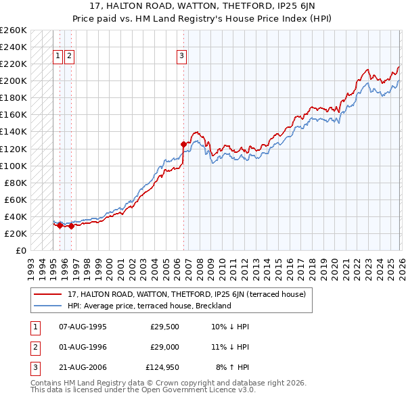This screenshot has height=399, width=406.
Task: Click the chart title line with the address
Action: click(203, 6)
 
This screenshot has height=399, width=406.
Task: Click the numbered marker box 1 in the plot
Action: click(59, 57)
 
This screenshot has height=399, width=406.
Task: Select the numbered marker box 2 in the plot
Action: click(70, 57)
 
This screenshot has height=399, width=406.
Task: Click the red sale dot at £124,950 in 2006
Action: click(183, 144)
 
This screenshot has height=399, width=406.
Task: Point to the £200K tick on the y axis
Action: click(14, 80)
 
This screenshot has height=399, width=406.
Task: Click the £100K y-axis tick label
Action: click(14, 166)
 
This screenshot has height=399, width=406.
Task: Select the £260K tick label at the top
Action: click(14, 30)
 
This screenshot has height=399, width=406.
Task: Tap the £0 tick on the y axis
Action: click(21, 250)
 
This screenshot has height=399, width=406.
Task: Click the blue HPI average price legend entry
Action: click(150, 306)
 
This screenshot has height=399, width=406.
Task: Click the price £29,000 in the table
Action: click(164, 347)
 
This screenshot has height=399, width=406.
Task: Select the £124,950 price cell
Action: click(162, 368)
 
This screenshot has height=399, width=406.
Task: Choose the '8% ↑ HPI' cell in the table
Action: click(233, 368)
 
